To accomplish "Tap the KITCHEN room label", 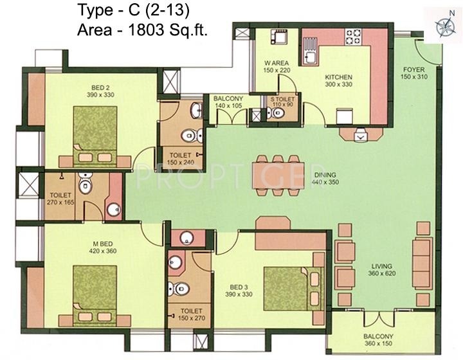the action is point(338,77).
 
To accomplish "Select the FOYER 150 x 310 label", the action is point(414,73).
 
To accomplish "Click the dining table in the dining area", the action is point(278,175).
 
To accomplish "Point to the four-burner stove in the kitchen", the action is point(353,37).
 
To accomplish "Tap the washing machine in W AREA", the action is point(278,37).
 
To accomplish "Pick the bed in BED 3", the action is point(294,289).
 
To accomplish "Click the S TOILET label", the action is point(282,100).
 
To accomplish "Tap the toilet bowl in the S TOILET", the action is point(275,113).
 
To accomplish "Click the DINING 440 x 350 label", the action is point(325,179).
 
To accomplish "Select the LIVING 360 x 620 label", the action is point(382,270).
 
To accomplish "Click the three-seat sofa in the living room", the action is point(422,256).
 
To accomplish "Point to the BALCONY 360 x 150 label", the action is point(378,340).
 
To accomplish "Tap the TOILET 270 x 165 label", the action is point(60,199).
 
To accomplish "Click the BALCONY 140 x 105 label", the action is point(228,102).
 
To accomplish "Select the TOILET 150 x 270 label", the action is point(192,314).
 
